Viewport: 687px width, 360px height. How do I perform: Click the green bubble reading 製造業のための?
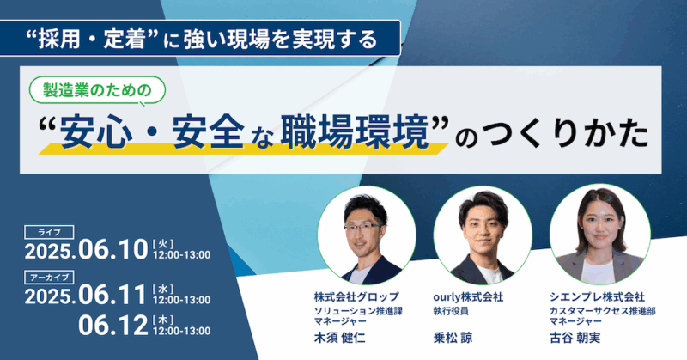[x=97, y=90]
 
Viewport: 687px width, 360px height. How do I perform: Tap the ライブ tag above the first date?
[x=49, y=232]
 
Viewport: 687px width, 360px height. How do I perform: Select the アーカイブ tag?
[x=49, y=278]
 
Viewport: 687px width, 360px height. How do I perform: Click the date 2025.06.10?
[x=87, y=250]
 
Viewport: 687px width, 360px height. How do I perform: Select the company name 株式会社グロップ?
[x=356, y=297]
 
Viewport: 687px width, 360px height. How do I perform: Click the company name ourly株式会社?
[x=468, y=297]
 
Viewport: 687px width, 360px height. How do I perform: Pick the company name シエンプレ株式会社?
[x=597, y=297]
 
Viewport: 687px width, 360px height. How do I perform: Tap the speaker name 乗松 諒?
[x=453, y=338]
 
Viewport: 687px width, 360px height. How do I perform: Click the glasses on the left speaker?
[x=362, y=227]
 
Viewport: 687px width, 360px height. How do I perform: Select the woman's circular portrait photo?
[x=599, y=235]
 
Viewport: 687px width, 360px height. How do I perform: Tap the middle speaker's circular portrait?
[x=483, y=235]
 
